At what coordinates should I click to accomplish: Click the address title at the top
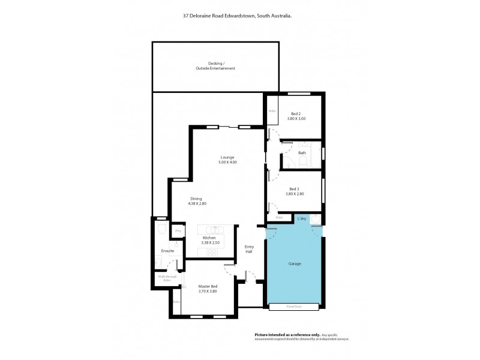[238, 17]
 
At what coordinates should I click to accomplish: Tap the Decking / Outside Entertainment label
[215, 66]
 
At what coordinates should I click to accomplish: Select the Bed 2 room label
[296, 114]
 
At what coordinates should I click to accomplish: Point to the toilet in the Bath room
[287, 163]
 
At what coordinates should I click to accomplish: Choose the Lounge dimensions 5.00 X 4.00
[227, 162]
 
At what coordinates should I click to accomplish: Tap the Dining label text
[196, 199]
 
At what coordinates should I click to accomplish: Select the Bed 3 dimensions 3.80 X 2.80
[296, 194]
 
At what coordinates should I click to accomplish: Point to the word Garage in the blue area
[294, 263]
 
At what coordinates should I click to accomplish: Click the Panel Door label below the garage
[294, 307]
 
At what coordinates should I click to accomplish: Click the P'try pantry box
[178, 230]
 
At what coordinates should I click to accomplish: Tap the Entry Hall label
[249, 249]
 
